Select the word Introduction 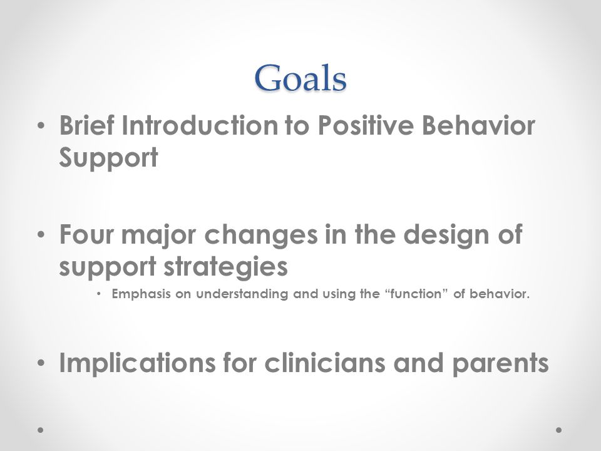tap(200, 125)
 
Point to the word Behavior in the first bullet tap(478, 125)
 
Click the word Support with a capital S tap(108, 158)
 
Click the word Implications tap(137, 363)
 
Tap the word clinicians tap(325, 363)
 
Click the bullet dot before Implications tap(41, 363)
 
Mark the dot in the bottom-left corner tap(40, 430)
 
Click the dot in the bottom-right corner tap(559, 430)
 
